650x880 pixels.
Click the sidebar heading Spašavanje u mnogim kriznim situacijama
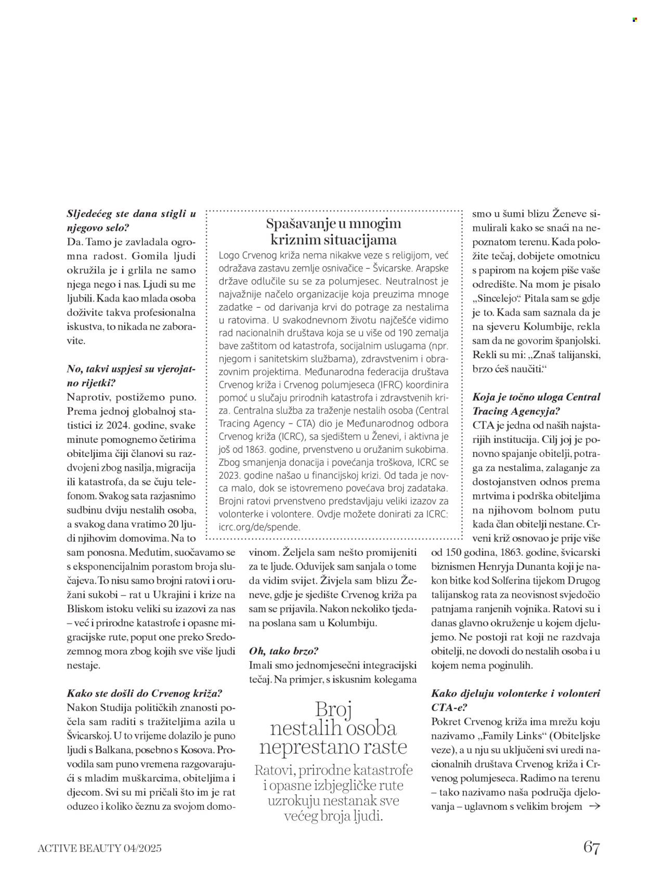[x=334, y=232]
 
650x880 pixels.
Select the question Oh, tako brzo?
[x=284, y=651]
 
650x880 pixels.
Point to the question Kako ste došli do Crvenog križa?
[x=145, y=693]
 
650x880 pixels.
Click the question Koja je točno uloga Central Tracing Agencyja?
[x=529, y=404]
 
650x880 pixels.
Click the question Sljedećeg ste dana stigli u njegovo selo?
[x=132, y=220]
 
